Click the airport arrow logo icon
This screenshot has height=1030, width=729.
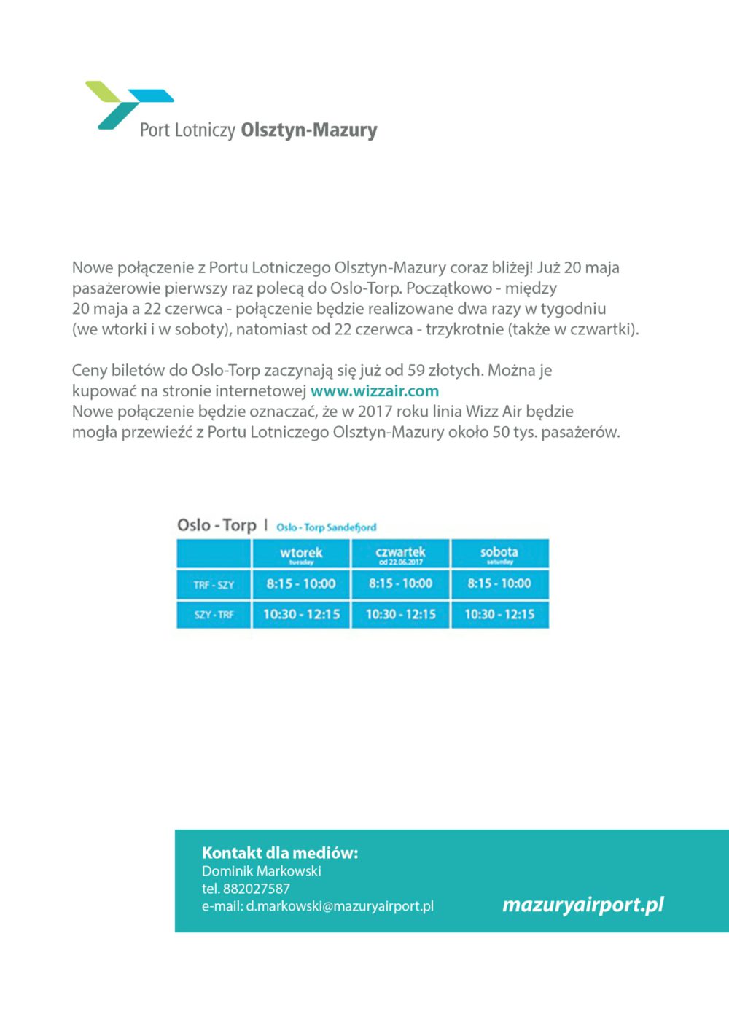pyautogui.click(x=128, y=103)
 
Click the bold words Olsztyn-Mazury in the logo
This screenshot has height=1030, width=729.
pyautogui.click(x=309, y=130)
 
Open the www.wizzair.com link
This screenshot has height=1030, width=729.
pyautogui.click(x=375, y=391)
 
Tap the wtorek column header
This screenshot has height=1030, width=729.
pyautogui.click(x=301, y=554)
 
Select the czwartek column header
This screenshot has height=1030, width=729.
pyautogui.click(x=400, y=554)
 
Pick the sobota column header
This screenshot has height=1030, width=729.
pyautogui.click(x=499, y=554)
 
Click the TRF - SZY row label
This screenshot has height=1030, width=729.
pyautogui.click(x=214, y=585)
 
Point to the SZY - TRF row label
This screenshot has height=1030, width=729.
pyautogui.click(x=214, y=615)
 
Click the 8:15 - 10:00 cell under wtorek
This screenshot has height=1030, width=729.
pyautogui.click(x=301, y=584)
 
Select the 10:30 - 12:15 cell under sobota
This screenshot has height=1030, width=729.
pyautogui.click(x=499, y=615)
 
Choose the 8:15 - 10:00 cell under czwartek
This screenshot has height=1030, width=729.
pyautogui.click(x=400, y=584)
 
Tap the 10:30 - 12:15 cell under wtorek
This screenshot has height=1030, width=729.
pyautogui.click(x=301, y=615)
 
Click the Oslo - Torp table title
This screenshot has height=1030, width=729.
pyautogui.click(x=217, y=525)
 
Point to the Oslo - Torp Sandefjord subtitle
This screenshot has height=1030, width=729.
pyautogui.click(x=326, y=527)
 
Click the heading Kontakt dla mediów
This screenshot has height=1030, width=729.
pyautogui.click(x=280, y=853)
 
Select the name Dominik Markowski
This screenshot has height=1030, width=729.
pyautogui.click(x=261, y=871)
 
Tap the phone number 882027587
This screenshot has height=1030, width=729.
pyautogui.click(x=256, y=889)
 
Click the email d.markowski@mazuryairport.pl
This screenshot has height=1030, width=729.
pyautogui.click(x=339, y=906)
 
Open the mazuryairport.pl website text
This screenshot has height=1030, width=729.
pyautogui.click(x=583, y=905)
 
